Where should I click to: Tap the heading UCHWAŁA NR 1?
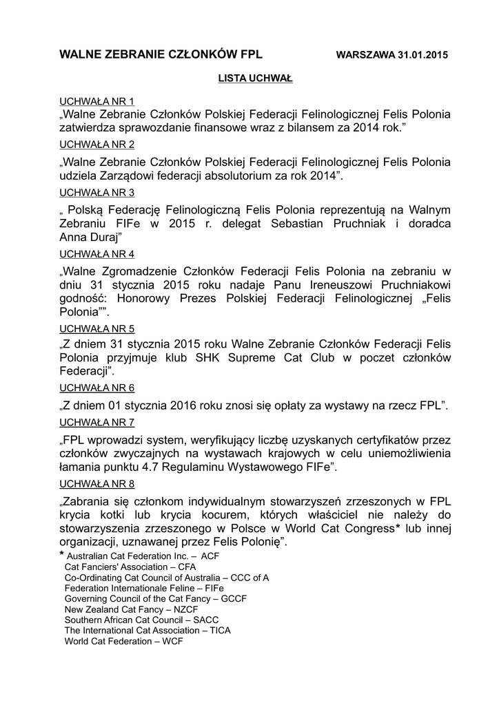tap(98, 101)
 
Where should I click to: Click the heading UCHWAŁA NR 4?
tap(98, 254)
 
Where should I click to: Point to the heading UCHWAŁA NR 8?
tap(98, 483)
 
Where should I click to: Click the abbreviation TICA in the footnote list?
tap(221, 630)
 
